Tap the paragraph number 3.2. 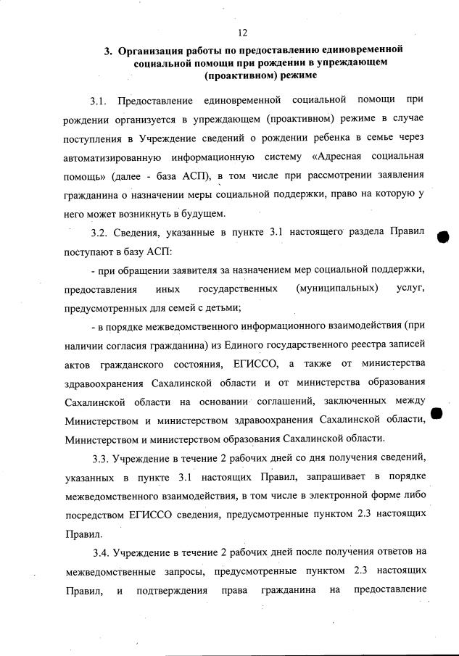tap(99, 232)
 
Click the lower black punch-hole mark tap(437, 413)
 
